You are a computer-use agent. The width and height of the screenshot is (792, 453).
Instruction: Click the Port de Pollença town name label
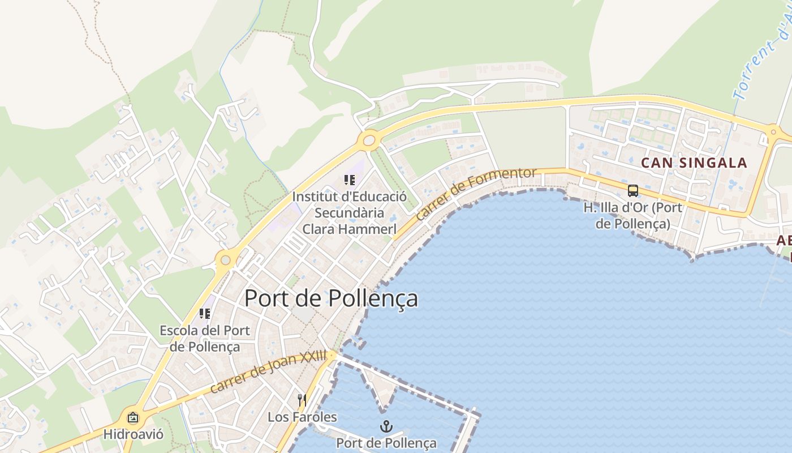click(x=331, y=298)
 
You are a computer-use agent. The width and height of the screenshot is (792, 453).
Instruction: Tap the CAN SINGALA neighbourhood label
click(x=694, y=163)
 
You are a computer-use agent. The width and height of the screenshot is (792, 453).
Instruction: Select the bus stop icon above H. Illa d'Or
click(x=632, y=191)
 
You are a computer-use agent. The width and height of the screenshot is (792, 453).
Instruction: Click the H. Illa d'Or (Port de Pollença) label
click(x=632, y=215)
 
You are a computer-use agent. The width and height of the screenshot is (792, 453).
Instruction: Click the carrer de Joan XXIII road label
click(x=268, y=372)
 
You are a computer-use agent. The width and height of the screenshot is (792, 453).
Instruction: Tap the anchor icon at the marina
click(x=386, y=426)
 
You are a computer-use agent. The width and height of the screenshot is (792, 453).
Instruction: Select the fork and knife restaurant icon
click(x=302, y=400)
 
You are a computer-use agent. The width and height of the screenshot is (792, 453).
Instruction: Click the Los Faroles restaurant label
click(x=302, y=417)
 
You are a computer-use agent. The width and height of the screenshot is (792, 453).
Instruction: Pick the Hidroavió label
click(x=133, y=434)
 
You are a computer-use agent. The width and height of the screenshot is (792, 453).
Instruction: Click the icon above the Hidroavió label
click(x=133, y=418)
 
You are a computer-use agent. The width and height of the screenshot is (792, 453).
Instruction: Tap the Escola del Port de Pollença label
click(x=205, y=338)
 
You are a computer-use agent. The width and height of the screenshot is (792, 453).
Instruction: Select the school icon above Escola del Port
click(x=205, y=313)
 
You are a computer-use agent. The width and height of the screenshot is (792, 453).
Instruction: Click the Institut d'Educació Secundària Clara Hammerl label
click(x=350, y=213)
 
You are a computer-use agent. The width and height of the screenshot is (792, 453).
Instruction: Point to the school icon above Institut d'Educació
click(x=350, y=180)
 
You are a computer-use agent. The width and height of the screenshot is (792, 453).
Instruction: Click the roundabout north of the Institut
click(x=369, y=139)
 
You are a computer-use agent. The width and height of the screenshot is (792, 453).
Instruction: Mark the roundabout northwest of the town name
click(x=226, y=260)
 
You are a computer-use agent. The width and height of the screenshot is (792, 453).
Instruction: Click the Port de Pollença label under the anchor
click(x=386, y=443)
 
